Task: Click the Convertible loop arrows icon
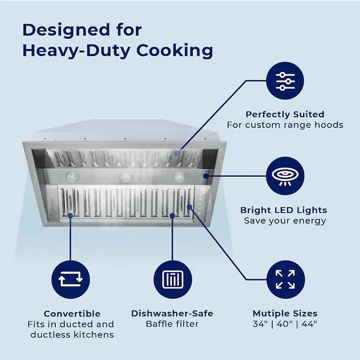click(71, 279)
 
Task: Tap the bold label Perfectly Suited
click(285, 114)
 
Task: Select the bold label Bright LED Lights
click(283, 210)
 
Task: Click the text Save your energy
click(285, 221)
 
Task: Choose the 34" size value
click(261, 324)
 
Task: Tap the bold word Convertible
click(72, 314)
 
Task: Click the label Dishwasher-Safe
click(172, 314)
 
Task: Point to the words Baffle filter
click(172, 324)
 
